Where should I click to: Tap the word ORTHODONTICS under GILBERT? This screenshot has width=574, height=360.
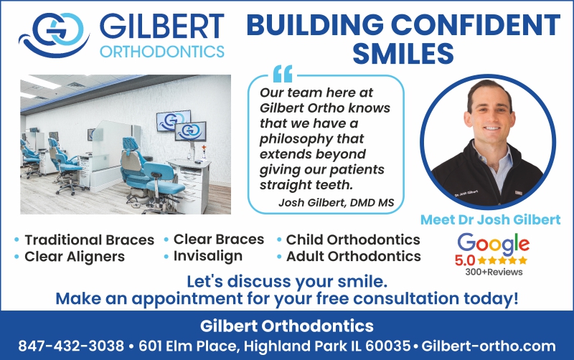162,52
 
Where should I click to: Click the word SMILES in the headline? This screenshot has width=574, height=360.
403,53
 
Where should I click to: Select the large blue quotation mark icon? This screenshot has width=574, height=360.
283,74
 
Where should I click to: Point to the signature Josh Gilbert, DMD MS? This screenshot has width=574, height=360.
336,202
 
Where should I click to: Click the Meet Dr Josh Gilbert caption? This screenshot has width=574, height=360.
490,219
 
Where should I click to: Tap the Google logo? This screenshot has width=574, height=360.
493,244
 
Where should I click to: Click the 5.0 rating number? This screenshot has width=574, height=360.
464,260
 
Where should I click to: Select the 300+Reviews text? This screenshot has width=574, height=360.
494,272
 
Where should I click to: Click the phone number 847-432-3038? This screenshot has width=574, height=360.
71,346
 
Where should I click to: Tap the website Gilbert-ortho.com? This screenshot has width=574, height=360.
489,346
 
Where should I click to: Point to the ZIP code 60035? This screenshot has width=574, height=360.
387,346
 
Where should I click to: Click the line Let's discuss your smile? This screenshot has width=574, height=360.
287,281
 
